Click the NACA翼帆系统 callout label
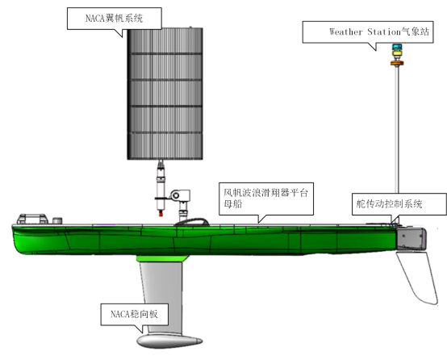(x=115, y=19)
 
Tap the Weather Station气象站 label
(x=368, y=32)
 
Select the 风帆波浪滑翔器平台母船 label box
(x=266, y=199)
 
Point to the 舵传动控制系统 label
(x=399, y=204)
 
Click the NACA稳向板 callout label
(x=134, y=314)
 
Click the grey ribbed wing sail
(x=165, y=94)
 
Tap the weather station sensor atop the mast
(x=397, y=52)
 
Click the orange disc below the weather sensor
(x=397, y=63)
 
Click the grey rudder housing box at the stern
(x=411, y=238)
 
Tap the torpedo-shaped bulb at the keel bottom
(x=169, y=341)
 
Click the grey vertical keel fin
(x=162, y=297)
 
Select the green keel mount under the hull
(x=162, y=258)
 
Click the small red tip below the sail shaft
(x=161, y=213)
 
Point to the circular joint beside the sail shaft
(x=176, y=195)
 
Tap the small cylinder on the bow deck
(x=57, y=221)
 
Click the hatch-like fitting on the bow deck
(x=32, y=219)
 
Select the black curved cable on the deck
(x=191, y=221)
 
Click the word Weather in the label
(x=346, y=31)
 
